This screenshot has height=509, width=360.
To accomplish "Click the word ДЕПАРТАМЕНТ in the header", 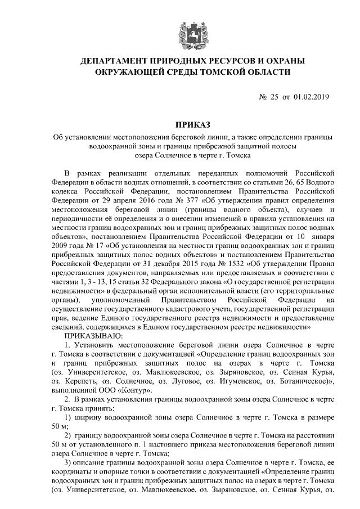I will tap(115, 61).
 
